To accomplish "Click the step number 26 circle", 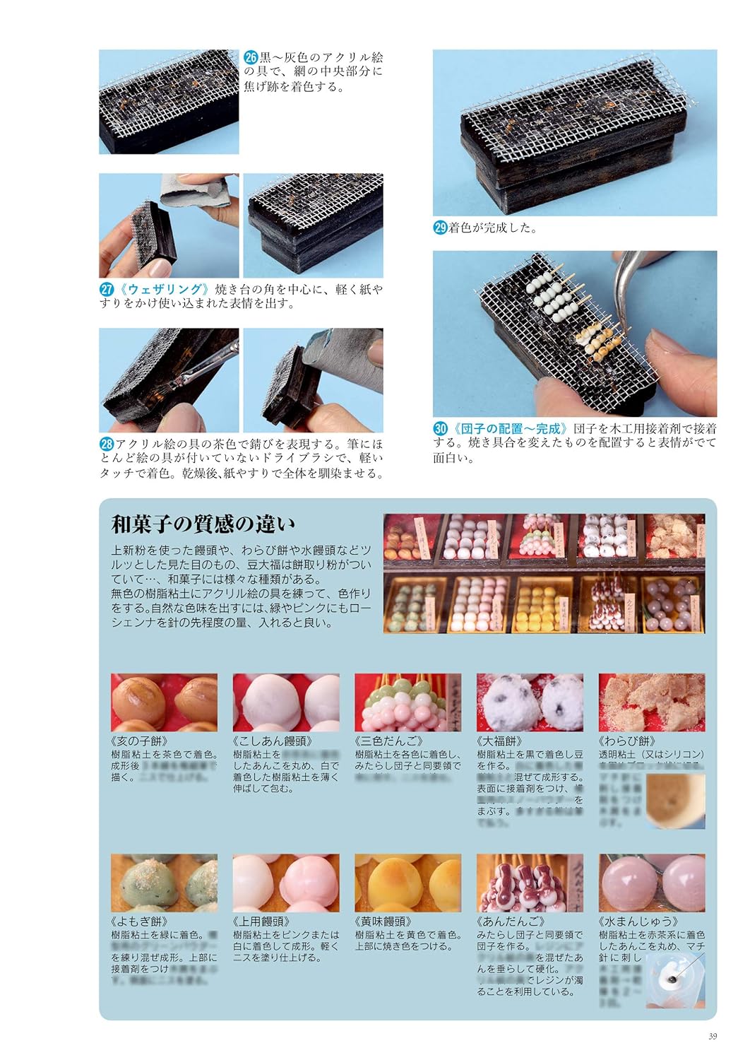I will pyautogui.click(x=251, y=58).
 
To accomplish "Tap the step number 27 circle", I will pyautogui.click(x=106, y=290).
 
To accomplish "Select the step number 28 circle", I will pyautogui.click(x=106, y=444).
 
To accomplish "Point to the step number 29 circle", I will pyautogui.click(x=440, y=228).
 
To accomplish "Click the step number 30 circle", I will pyautogui.click(x=440, y=428).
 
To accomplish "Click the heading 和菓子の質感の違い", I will pyautogui.click(x=203, y=524).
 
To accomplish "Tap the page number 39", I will pyautogui.click(x=712, y=1037).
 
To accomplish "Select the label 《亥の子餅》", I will pyautogui.click(x=141, y=741).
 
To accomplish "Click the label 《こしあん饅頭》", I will pyautogui.click(x=273, y=741).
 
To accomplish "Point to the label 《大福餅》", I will pyautogui.click(x=501, y=741).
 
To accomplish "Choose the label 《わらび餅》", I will pyautogui.click(x=626, y=741).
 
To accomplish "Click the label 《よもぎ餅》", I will pyautogui.click(x=141, y=921).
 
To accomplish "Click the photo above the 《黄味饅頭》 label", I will pyautogui.click(x=408, y=883).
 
